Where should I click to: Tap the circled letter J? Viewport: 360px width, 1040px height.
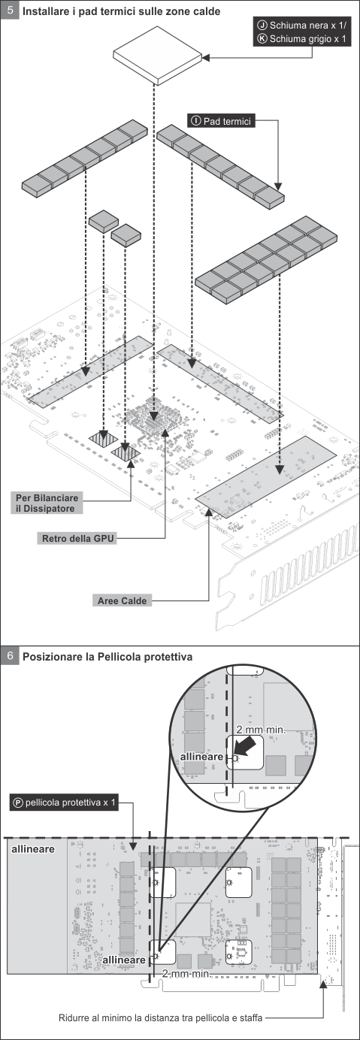[x=262, y=25]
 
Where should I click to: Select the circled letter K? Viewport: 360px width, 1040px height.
[x=262, y=38]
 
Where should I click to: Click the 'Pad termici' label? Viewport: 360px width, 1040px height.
[x=221, y=121]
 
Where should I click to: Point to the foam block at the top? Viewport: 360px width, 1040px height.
[x=158, y=56]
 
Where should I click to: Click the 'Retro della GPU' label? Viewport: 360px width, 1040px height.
[x=77, y=539]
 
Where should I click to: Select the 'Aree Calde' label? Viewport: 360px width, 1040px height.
[x=122, y=601]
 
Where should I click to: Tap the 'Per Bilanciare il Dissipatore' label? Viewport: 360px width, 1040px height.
[x=47, y=503]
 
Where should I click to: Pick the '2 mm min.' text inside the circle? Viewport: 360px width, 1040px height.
[x=260, y=730]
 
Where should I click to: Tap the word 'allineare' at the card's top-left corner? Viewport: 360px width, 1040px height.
[x=33, y=848]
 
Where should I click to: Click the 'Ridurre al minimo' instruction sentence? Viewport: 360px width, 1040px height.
[x=160, y=1017]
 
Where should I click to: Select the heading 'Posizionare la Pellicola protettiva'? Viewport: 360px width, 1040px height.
[x=107, y=657]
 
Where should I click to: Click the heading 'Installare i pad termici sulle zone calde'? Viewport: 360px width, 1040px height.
[x=121, y=11]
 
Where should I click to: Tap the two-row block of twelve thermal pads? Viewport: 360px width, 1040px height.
[x=266, y=259]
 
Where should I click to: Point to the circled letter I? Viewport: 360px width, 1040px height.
[x=195, y=121]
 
